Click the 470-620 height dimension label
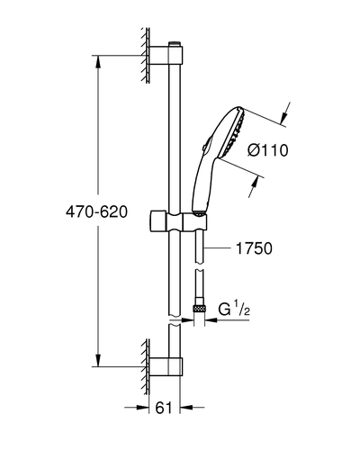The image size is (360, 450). click(96, 212)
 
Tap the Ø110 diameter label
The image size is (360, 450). click(268, 150)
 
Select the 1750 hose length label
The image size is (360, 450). click(254, 248)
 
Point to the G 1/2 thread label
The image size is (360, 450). click(234, 309)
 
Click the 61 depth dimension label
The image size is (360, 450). click(164, 408)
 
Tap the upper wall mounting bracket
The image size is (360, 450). click(166, 55)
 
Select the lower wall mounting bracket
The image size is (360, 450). click(166, 366)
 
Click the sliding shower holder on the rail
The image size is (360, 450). click(178, 222)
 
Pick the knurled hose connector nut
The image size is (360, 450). click(199, 308)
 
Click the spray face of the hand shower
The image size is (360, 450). click(233, 132)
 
